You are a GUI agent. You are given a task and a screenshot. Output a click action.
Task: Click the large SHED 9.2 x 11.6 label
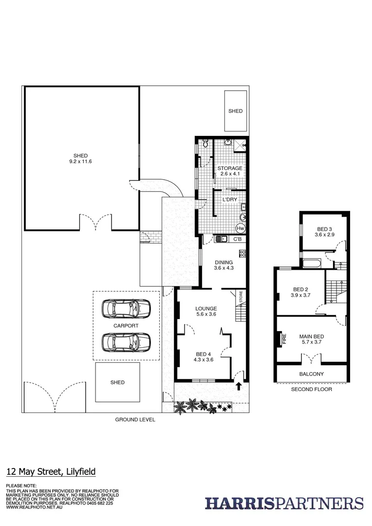(80, 159)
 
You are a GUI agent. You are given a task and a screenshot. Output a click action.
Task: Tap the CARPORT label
(126, 326)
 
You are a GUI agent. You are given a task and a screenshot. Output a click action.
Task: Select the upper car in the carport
(126, 308)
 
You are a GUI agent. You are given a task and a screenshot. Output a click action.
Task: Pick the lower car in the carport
(126, 342)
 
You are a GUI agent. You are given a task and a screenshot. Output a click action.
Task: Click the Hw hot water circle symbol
(240, 228)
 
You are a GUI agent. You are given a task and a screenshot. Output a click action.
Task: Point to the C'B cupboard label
(238, 239)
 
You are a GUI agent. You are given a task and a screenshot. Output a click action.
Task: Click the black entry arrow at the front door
(239, 387)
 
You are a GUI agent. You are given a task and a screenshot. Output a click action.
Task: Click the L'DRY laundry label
(229, 200)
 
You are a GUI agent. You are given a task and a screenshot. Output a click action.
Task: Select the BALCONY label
(311, 374)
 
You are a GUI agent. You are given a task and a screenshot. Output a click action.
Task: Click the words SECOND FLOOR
(311, 390)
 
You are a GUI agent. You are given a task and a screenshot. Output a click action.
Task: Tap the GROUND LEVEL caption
(135, 419)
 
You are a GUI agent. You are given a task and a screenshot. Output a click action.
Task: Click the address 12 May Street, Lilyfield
(51, 471)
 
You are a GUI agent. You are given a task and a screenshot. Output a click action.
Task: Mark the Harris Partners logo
(284, 503)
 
